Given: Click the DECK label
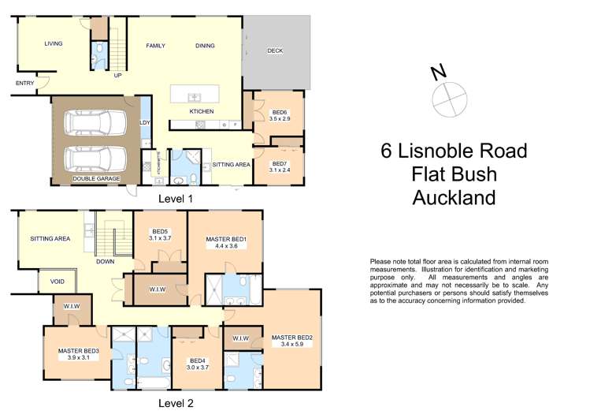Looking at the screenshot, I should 275,50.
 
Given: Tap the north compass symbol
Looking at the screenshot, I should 445,97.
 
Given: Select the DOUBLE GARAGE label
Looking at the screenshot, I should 96,179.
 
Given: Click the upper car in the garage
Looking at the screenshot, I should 95,123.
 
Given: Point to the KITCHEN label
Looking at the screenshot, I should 202,111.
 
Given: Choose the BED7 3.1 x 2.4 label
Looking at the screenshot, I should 280,166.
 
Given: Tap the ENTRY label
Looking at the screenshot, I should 24,82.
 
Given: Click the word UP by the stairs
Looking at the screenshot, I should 117,76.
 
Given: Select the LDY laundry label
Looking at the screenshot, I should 145,122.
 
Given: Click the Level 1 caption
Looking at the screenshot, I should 176,199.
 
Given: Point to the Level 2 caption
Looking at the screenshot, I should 176,402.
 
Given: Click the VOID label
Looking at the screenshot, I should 58,282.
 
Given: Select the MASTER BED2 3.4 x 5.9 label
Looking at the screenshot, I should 292,341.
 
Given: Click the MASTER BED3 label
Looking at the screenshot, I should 78,354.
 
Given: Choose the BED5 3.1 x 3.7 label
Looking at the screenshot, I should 159,234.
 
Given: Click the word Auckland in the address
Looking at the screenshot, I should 454,196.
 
